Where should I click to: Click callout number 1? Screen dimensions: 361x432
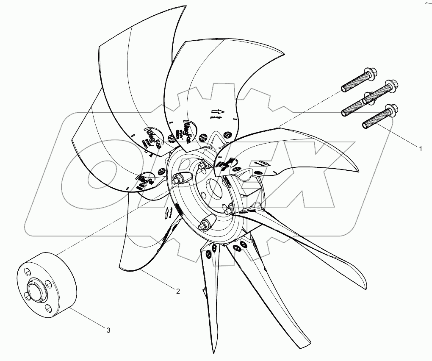[421, 149]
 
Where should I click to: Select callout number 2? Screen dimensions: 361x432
[178, 291]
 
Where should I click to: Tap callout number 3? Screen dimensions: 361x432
[108, 330]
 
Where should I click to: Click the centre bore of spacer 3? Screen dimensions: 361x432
[33, 294]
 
